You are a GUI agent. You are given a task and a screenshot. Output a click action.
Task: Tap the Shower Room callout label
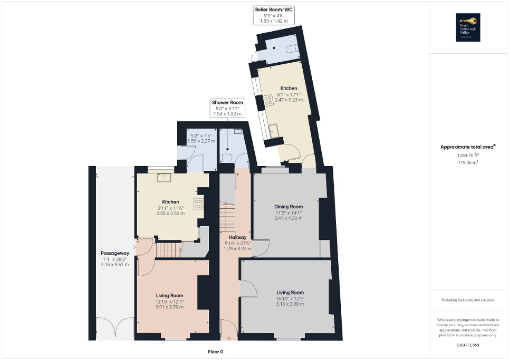(x=227, y=102)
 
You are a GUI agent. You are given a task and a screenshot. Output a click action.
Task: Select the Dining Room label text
(x=289, y=207)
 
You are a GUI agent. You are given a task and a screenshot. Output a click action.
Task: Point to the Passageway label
(x=114, y=254)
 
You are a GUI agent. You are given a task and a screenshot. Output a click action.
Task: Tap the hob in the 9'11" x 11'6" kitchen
(x=199, y=204)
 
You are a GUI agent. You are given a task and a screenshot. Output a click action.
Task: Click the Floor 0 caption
(x=215, y=352)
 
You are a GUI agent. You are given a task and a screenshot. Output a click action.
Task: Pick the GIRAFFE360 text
(x=468, y=344)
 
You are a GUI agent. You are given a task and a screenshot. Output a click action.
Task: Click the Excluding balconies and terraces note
(x=468, y=300)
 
